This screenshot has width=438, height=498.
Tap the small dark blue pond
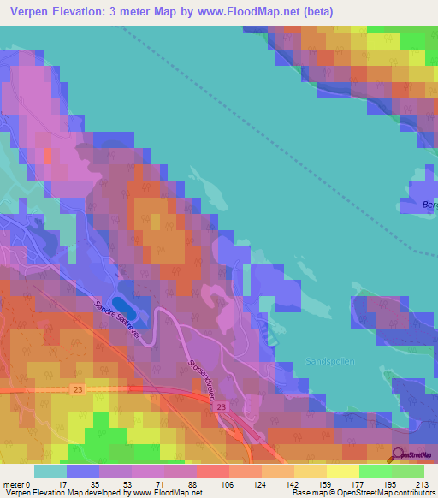coord(125,304)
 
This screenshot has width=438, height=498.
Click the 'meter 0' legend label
coord(16,483)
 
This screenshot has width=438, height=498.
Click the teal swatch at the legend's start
coord(50,471)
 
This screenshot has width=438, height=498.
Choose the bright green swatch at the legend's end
coord(409,471)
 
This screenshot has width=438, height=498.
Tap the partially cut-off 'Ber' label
coord(429,205)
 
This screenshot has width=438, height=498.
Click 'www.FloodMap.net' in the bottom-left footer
coord(163,493)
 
